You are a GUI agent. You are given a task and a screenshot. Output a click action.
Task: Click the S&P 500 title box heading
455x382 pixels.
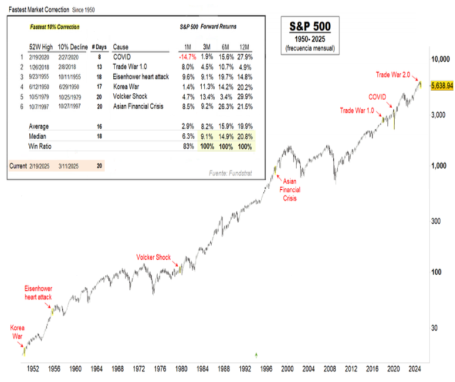tap(310, 27)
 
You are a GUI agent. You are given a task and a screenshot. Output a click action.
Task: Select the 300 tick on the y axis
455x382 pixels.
tap(436, 222)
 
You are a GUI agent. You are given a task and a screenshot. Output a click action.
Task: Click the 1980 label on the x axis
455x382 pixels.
tap(182, 368)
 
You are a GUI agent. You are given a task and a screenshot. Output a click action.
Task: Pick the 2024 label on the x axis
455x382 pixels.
tap(415, 368)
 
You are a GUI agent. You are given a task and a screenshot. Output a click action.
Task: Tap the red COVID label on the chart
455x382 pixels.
tap(378, 96)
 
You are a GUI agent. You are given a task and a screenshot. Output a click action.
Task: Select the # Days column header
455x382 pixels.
tap(98, 46)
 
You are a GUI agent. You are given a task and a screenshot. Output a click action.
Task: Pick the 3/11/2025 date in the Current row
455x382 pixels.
tap(69, 166)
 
